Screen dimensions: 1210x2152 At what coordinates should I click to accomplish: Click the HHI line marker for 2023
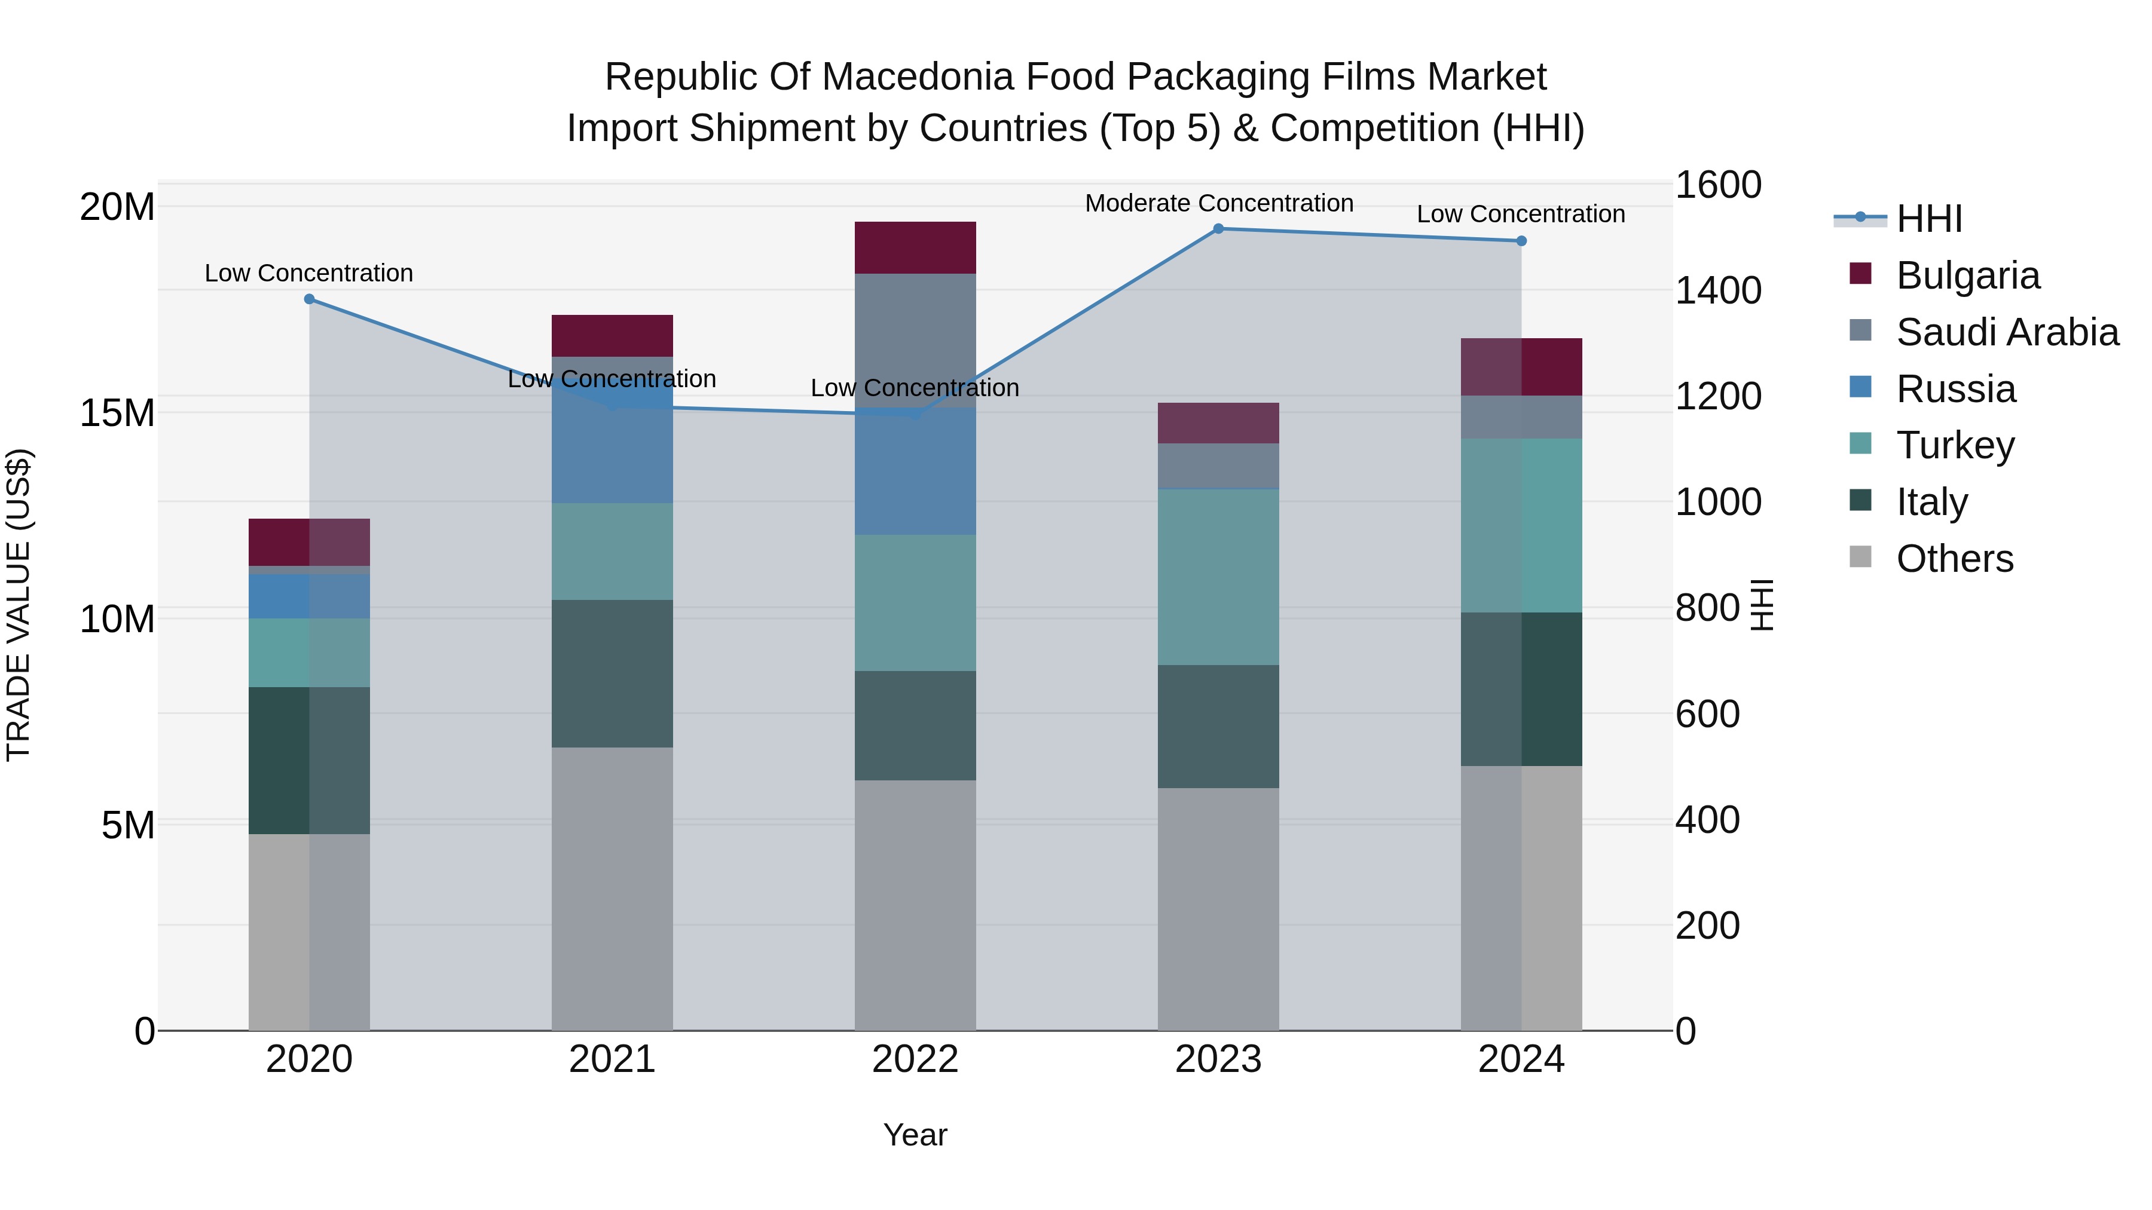coord(1218,228)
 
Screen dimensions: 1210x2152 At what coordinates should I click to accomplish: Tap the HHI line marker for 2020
coord(309,299)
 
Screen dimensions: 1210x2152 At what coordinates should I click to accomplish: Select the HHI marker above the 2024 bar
coord(1521,240)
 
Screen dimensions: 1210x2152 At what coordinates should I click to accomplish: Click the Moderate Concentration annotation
coord(1219,203)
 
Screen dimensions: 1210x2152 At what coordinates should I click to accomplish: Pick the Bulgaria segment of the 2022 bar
coord(915,247)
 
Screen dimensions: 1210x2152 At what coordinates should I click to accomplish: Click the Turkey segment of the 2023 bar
coord(1218,576)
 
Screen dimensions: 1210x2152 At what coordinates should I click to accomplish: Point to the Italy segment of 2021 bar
coord(612,673)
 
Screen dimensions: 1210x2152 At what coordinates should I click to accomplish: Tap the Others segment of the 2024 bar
coord(1521,897)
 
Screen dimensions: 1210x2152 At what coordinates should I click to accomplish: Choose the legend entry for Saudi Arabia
coord(2007,332)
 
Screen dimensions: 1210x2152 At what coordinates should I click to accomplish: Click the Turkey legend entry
coord(1955,445)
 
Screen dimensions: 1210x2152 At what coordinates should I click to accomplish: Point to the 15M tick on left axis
coord(117,412)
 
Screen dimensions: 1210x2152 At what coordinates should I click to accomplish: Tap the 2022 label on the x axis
coord(915,1059)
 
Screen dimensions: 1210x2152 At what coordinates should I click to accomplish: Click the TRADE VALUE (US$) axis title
coord(19,605)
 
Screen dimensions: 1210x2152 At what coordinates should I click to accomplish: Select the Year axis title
coord(915,1135)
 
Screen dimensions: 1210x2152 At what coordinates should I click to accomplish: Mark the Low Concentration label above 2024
coord(1520,214)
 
